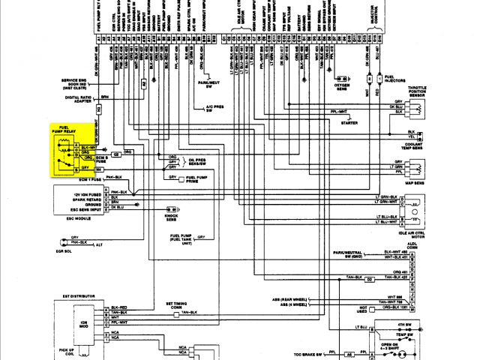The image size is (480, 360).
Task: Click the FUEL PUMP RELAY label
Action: pyautogui.click(x=61, y=131)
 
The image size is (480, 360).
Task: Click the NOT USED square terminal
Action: pyautogui.click(x=364, y=307)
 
